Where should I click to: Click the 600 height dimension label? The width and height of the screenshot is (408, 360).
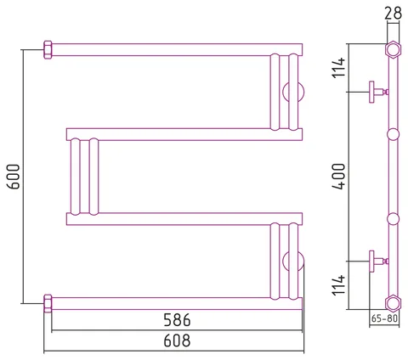point(14,177)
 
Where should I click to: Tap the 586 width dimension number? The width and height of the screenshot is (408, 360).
point(177,320)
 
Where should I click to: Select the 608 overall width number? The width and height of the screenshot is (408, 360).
point(177,340)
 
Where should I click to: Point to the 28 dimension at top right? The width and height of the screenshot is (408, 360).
point(393,13)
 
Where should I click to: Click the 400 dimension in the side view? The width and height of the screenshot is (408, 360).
point(339,177)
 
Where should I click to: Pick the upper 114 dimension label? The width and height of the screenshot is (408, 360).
point(339,67)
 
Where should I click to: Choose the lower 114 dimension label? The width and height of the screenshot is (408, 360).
point(339,285)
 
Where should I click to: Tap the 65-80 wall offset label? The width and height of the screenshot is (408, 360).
point(384,318)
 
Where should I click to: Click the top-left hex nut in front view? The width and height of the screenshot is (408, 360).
point(48,50)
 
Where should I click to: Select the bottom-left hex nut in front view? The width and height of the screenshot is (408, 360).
point(48,303)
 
